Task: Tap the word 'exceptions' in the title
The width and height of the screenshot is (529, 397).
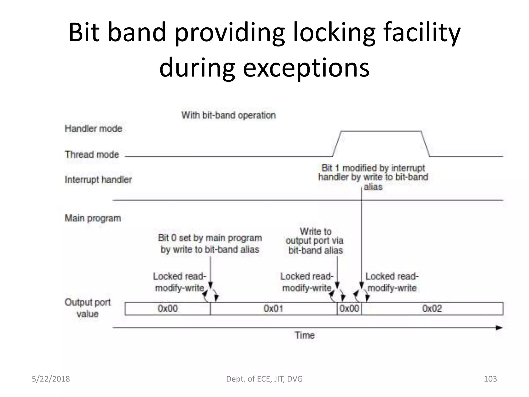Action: click(306, 68)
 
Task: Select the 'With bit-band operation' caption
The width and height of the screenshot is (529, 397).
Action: click(228, 115)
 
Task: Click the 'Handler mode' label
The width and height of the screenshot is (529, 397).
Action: click(93, 128)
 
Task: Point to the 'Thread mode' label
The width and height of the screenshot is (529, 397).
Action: click(92, 154)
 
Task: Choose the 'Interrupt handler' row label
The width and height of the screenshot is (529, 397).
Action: click(98, 179)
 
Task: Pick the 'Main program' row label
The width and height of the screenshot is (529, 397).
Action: click(93, 218)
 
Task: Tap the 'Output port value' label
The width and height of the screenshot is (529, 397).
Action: click(88, 308)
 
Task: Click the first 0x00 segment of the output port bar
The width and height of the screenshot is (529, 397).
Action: click(168, 308)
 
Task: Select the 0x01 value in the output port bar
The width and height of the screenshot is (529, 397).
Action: click(273, 308)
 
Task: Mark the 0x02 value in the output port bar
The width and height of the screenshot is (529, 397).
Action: click(432, 308)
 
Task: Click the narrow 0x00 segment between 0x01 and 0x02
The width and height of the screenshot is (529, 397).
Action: click(349, 308)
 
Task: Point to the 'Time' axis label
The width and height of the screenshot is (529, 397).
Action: click(305, 335)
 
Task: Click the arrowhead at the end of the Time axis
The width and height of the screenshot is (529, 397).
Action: click(499, 328)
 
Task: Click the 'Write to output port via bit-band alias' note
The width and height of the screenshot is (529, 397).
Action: click(315, 241)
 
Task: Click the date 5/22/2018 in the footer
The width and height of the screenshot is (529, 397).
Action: click(51, 379)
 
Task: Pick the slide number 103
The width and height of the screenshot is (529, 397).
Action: click(490, 379)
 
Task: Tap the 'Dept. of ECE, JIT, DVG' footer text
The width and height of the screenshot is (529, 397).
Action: click(264, 379)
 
